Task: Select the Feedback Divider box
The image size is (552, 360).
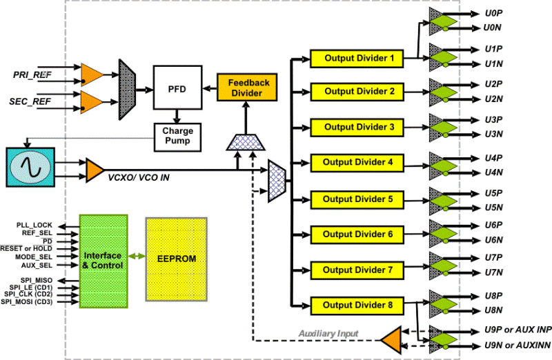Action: tap(243, 88)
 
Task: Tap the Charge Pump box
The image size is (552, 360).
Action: tap(177, 136)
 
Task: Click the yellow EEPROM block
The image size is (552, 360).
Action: tap(176, 259)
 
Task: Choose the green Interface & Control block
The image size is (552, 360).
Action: tap(103, 260)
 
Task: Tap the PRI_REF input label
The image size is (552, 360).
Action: tap(32, 74)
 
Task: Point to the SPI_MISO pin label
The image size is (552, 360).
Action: tap(36, 280)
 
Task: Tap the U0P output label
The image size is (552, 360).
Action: tap(493, 13)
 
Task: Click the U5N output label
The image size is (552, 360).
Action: tap(493, 207)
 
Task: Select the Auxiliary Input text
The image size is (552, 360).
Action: tap(328, 334)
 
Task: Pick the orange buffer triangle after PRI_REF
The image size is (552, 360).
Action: tap(91, 74)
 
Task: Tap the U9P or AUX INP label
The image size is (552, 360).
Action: tap(516, 330)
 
